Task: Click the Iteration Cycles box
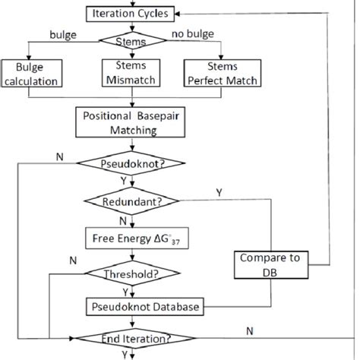[125, 14]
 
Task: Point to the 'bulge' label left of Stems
[62, 35]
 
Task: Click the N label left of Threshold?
[72, 259]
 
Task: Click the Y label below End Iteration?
[125, 354]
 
